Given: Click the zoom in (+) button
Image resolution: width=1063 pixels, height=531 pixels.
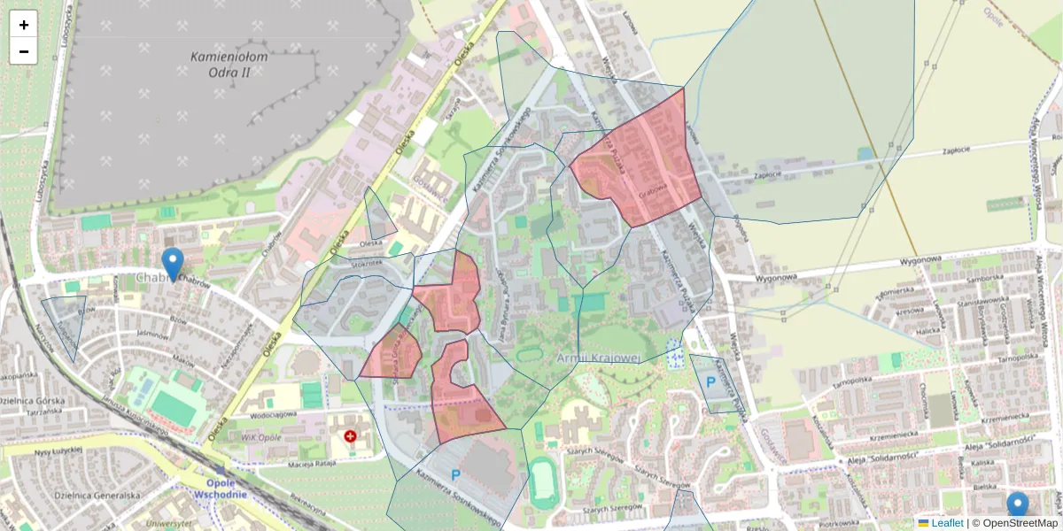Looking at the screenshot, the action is tap(24, 25).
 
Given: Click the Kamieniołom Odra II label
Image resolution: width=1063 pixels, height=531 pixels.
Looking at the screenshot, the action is tap(229, 64).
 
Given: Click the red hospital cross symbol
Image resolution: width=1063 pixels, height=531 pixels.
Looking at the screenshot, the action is tap(351, 436).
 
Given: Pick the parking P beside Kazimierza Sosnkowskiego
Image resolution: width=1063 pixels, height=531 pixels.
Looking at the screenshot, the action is tap(456, 475).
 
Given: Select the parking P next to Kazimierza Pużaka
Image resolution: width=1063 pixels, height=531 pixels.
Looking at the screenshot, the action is tap(710, 382).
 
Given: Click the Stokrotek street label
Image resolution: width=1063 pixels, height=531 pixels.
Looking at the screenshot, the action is tap(366, 263).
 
